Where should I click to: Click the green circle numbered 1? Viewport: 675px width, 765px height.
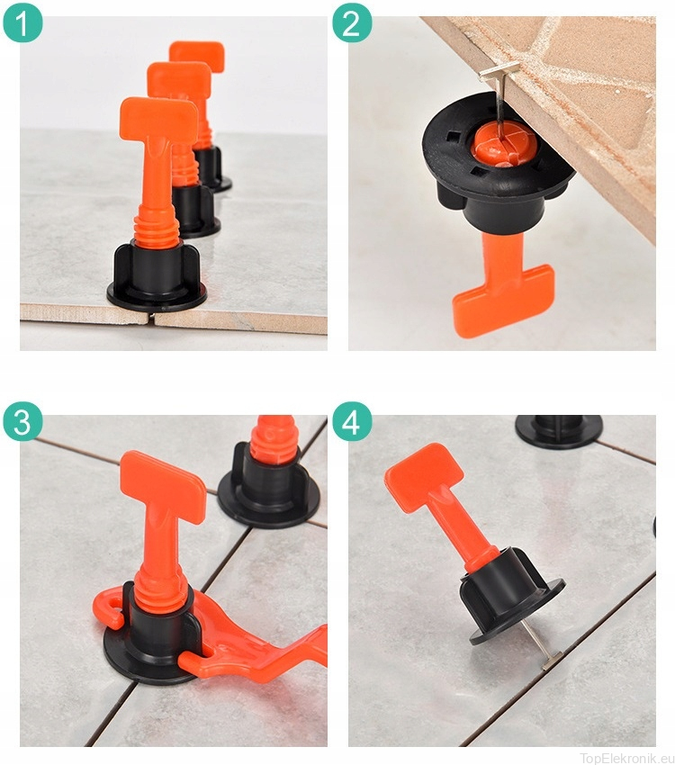[22, 23]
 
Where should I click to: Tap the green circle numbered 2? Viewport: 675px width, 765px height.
[351, 23]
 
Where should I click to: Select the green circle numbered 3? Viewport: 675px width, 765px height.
[22, 421]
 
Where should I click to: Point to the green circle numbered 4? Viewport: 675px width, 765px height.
[351, 421]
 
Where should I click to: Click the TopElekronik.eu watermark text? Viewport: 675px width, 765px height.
[626, 758]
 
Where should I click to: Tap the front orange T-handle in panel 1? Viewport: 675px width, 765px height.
[157, 161]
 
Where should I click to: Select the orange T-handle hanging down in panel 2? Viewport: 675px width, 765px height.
[502, 288]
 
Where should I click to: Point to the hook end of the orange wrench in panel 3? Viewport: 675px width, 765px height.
[108, 606]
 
